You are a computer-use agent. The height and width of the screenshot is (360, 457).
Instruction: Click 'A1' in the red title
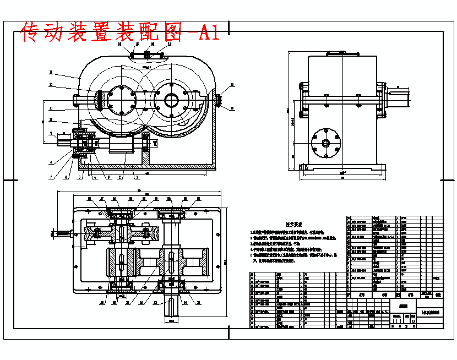click(x=208, y=34)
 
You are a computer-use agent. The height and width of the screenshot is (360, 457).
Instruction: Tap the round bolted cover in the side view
click(x=325, y=144)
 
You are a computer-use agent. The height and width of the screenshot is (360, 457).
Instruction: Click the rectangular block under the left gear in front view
click(x=122, y=145)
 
